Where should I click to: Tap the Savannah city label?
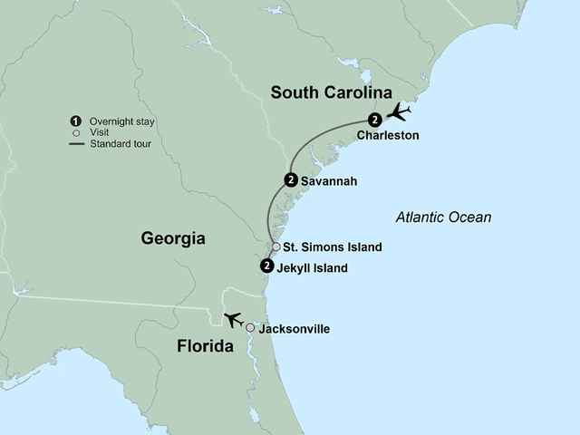[x=330, y=181]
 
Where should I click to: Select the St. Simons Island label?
[x=333, y=246]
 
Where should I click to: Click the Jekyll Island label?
[x=314, y=268]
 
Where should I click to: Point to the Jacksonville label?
[x=295, y=328]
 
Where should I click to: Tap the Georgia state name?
[x=174, y=238]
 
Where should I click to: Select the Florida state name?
[x=197, y=346]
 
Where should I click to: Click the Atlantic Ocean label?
[x=444, y=217]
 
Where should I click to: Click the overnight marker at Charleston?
[x=375, y=119]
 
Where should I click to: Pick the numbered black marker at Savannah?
[x=290, y=179]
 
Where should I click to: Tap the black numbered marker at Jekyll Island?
[x=266, y=266]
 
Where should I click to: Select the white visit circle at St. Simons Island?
[x=276, y=246]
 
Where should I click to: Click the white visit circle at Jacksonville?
[x=250, y=328]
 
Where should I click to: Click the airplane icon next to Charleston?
[x=399, y=112]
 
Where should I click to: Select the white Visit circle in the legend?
[x=78, y=131]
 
